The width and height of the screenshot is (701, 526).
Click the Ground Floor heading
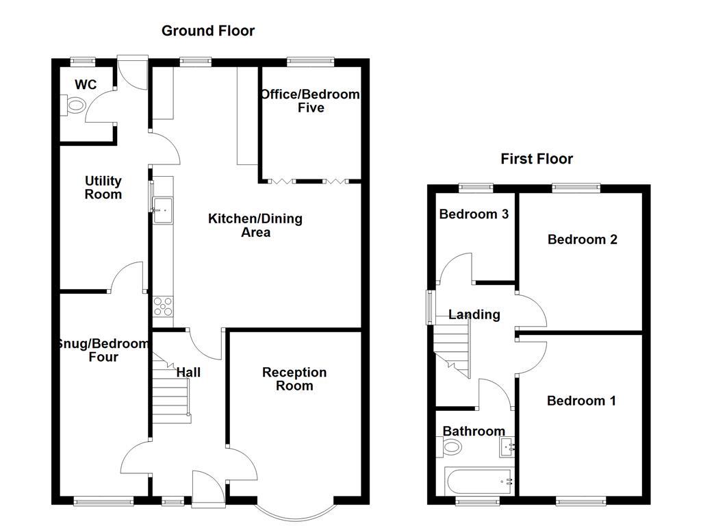point(207,31)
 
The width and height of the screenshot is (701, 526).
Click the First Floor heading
point(536,159)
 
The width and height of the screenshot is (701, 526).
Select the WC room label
point(86,85)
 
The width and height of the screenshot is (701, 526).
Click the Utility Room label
point(103,188)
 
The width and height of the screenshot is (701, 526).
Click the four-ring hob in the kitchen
point(164,305)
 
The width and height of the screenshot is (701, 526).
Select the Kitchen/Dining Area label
point(255,225)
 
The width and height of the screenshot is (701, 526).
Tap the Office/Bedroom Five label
point(310,101)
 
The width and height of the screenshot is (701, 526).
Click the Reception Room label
point(294,379)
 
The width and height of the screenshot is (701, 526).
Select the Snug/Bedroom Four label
point(103,350)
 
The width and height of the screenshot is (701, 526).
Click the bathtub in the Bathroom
point(479,481)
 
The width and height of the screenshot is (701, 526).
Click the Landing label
point(474,315)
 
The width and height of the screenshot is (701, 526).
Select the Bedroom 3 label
point(474,214)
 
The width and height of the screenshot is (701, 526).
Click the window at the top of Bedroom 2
point(576,186)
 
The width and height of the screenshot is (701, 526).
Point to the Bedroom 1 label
point(581,401)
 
